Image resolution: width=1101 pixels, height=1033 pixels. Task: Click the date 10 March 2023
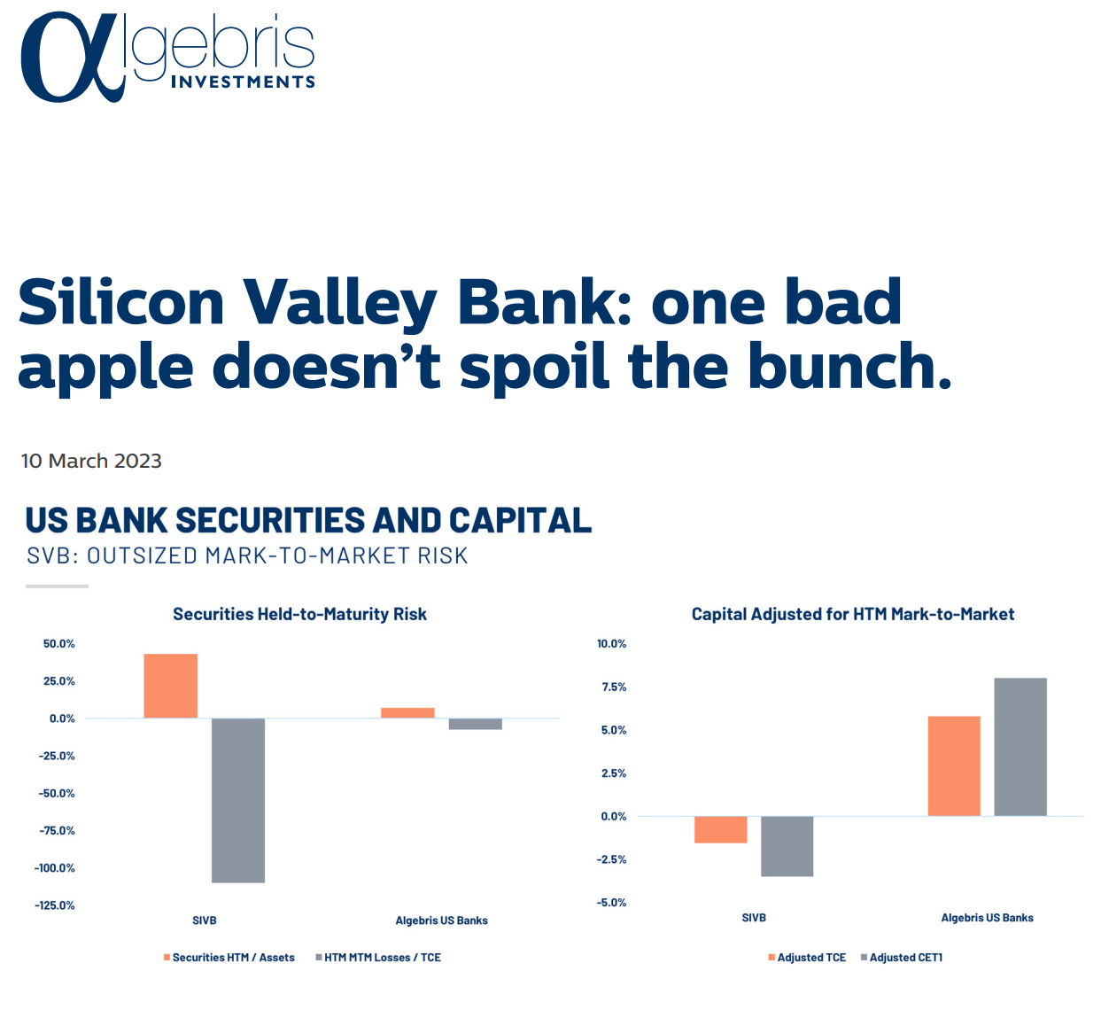[x=91, y=461]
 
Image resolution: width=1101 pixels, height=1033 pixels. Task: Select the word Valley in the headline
[x=339, y=305]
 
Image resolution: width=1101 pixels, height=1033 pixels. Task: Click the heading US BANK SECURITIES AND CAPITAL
[x=309, y=520]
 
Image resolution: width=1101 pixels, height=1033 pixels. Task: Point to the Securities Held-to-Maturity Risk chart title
[x=300, y=614]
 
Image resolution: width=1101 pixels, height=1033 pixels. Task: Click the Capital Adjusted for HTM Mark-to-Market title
[x=853, y=614]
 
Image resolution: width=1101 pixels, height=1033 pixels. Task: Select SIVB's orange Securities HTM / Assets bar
[x=171, y=686]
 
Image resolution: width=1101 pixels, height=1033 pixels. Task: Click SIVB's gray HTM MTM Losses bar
[x=238, y=800]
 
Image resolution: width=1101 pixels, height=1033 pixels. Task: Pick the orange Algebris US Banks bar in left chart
[x=407, y=713]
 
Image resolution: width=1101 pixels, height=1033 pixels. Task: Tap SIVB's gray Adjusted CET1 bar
[x=787, y=846]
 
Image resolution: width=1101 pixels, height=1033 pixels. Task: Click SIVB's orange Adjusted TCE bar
[x=721, y=829]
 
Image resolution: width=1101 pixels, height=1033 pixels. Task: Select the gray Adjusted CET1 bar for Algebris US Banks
[x=1020, y=747]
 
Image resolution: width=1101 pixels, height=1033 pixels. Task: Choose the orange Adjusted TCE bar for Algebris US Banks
[x=954, y=766]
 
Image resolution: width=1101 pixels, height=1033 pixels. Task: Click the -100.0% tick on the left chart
[x=54, y=867]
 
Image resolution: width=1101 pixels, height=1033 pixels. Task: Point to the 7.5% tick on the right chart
[x=614, y=687]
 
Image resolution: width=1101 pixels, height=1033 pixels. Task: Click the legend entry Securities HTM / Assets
[x=229, y=958]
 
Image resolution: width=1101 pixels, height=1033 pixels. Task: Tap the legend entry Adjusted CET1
[x=902, y=958]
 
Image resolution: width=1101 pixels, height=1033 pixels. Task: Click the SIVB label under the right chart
[x=754, y=918]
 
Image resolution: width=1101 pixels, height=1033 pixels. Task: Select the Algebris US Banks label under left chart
[x=441, y=920]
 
